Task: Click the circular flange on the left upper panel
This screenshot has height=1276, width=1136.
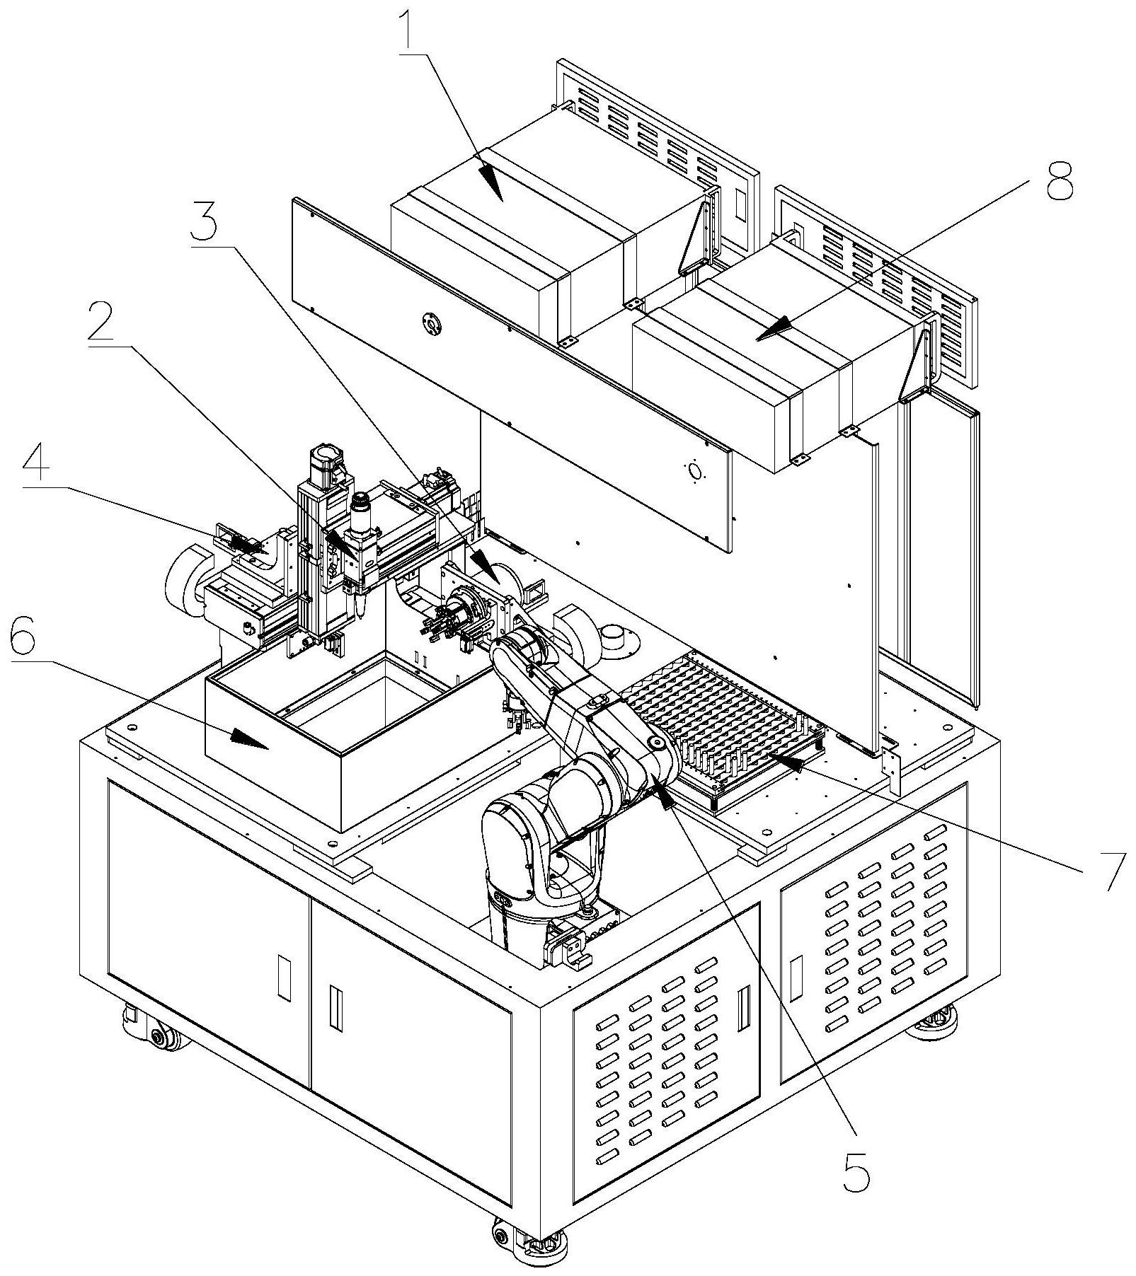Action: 430,323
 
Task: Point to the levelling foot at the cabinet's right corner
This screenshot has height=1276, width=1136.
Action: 936,1023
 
